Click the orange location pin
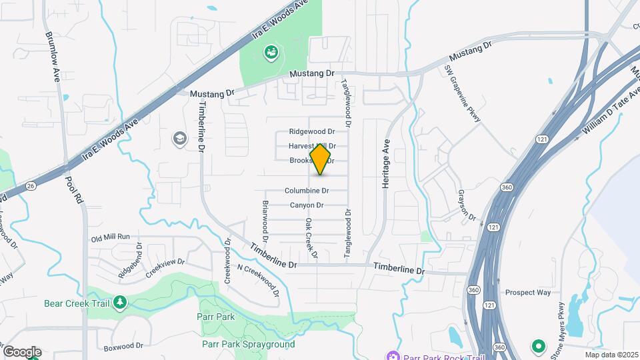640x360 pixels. pyautogui.click(x=321, y=160)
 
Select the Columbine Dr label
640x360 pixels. pyautogui.click(x=307, y=191)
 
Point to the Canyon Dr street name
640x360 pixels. pyautogui.click(x=307, y=205)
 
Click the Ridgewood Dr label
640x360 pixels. pyautogui.click(x=311, y=132)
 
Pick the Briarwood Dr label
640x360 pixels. pyautogui.click(x=265, y=221)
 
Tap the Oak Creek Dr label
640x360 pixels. pyautogui.click(x=310, y=237)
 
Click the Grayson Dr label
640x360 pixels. pyautogui.click(x=466, y=205)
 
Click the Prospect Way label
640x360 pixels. pyautogui.click(x=528, y=292)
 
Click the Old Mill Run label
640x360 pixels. pyautogui.click(x=111, y=237)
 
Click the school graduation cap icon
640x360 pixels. pyautogui.click(x=179, y=138)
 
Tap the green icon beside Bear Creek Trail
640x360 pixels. pyautogui.click(x=119, y=303)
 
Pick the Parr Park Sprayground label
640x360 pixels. pyautogui.click(x=248, y=344)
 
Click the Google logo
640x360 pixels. pyautogui.click(x=22, y=352)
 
